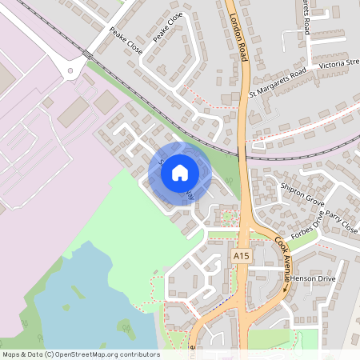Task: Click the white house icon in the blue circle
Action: [180, 173]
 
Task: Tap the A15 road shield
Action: [242, 254]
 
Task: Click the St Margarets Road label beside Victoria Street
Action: [277, 82]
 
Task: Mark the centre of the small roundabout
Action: [72, 70]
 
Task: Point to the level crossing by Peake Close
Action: [85, 54]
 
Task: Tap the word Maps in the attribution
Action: [11, 354]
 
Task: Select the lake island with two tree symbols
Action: [125, 326]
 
